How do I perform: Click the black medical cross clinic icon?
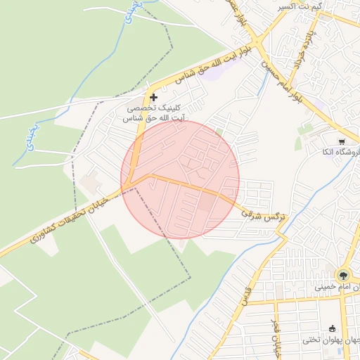pos(153,96)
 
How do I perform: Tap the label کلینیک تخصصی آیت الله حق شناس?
pos(153,114)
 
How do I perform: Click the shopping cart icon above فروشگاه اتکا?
pos(342,141)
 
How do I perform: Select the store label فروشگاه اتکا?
pos(340,152)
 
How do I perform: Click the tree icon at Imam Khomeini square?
pos(343,276)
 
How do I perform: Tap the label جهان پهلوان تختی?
pos(331,340)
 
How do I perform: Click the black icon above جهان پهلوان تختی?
pos(331,328)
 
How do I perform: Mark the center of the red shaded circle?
pos(180,179)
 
